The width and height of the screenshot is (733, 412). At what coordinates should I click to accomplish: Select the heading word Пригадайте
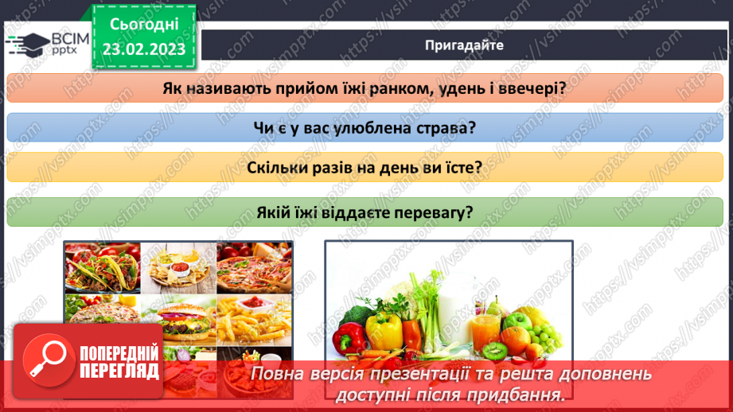(464, 45)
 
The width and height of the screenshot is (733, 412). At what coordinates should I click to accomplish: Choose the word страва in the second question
(442, 128)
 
